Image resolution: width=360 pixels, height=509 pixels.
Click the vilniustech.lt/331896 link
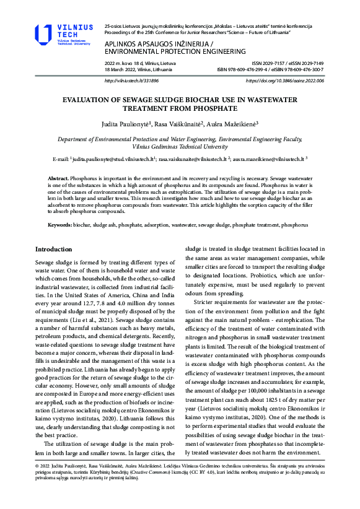131,80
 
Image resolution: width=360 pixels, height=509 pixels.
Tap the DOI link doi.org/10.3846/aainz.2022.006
284,80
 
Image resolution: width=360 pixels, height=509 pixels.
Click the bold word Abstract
59,178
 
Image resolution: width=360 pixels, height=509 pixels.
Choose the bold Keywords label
59,225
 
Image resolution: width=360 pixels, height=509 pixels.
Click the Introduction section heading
54,249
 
